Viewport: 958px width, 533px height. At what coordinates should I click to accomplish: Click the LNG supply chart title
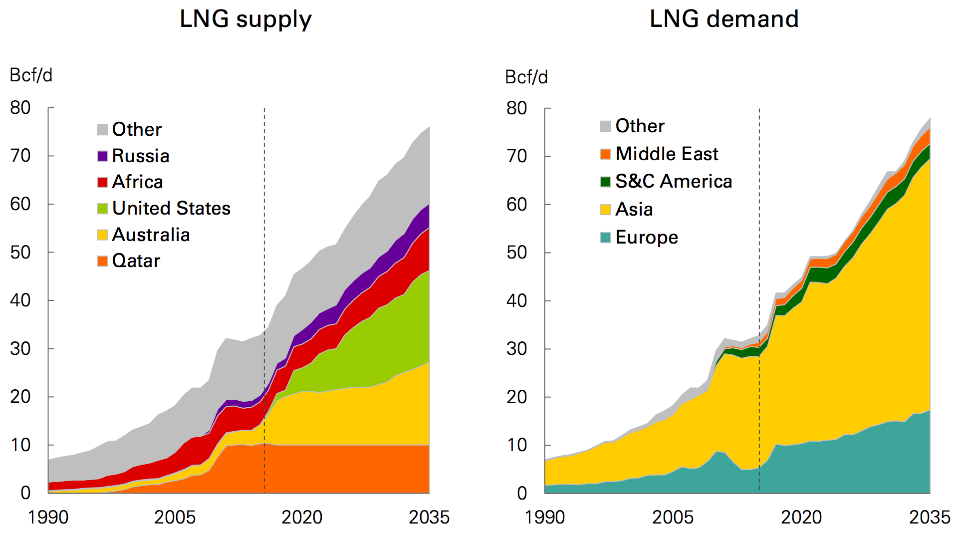click(245, 20)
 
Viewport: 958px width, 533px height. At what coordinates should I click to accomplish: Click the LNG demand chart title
click(724, 19)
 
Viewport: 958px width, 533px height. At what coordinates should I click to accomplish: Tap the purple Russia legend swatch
click(103, 156)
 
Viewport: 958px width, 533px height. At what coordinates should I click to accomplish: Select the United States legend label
click(171, 209)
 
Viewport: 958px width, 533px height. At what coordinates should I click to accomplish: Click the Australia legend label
click(151, 235)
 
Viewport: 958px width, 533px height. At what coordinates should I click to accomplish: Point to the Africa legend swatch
click(103, 182)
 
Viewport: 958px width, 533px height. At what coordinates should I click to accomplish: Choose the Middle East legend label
click(667, 154)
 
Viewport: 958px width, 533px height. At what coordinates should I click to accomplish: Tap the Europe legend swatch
click(606, 238)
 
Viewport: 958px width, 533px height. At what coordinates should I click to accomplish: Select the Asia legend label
click(634, 210)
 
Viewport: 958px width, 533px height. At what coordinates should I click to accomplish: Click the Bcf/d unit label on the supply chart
click(31, 75)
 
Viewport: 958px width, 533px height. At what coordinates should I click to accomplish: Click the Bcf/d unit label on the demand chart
click(526, 77)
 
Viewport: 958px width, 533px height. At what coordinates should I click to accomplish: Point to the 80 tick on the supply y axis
click(20, 108)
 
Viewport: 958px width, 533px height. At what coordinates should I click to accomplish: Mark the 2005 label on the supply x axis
click(175, 518)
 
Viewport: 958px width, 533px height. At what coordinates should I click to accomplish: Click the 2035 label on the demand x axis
click(929, 518)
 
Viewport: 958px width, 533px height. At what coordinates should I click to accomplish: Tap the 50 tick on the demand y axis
click(516, 253)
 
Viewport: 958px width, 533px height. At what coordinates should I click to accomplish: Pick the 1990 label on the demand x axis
click(544, 518)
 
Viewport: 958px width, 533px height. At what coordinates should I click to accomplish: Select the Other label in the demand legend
click(640, 126)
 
